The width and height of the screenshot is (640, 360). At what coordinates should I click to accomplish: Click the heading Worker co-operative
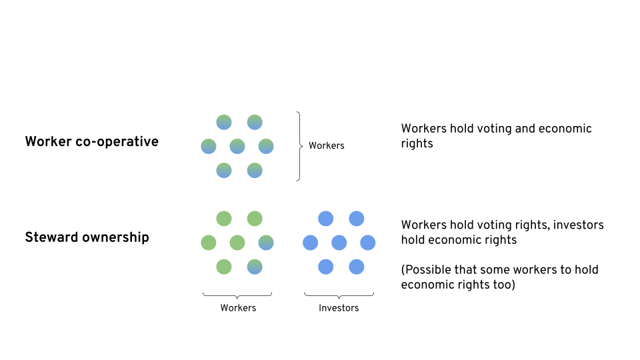(x=91, y=141)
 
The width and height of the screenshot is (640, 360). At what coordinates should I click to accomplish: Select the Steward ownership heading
(x=87, y=237)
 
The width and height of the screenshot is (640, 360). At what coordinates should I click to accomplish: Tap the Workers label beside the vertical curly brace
(x=326, y=145)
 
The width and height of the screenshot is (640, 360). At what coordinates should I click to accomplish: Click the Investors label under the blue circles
(x=339, y=308)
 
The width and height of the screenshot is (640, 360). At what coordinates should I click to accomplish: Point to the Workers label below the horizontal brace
(x=238, y=308)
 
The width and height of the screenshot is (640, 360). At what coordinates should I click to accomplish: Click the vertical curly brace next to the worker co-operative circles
(x=299, y=146)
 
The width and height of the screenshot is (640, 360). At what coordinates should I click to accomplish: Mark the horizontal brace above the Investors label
(x=339, y=294)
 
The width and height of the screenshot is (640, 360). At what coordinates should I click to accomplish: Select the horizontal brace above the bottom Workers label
(x=237, y=294)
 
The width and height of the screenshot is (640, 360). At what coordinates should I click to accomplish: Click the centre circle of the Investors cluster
(x=339, y=243)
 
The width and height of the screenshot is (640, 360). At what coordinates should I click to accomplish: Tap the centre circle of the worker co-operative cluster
(x=237, y=146)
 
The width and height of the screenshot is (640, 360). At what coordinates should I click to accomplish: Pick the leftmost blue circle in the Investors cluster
(x=310, y=243)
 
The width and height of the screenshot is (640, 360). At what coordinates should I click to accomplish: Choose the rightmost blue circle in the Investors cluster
(x=368, y=243)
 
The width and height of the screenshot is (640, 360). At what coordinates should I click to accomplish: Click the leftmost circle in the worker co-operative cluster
(x=209, y=146)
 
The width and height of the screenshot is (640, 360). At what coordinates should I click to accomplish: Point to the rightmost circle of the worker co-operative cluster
(x=266, y=146)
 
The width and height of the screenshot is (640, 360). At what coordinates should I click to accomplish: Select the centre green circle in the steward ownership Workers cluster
(x=237, y=243)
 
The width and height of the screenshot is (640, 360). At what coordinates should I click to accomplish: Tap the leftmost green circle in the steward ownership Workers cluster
(x=209, y=243)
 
